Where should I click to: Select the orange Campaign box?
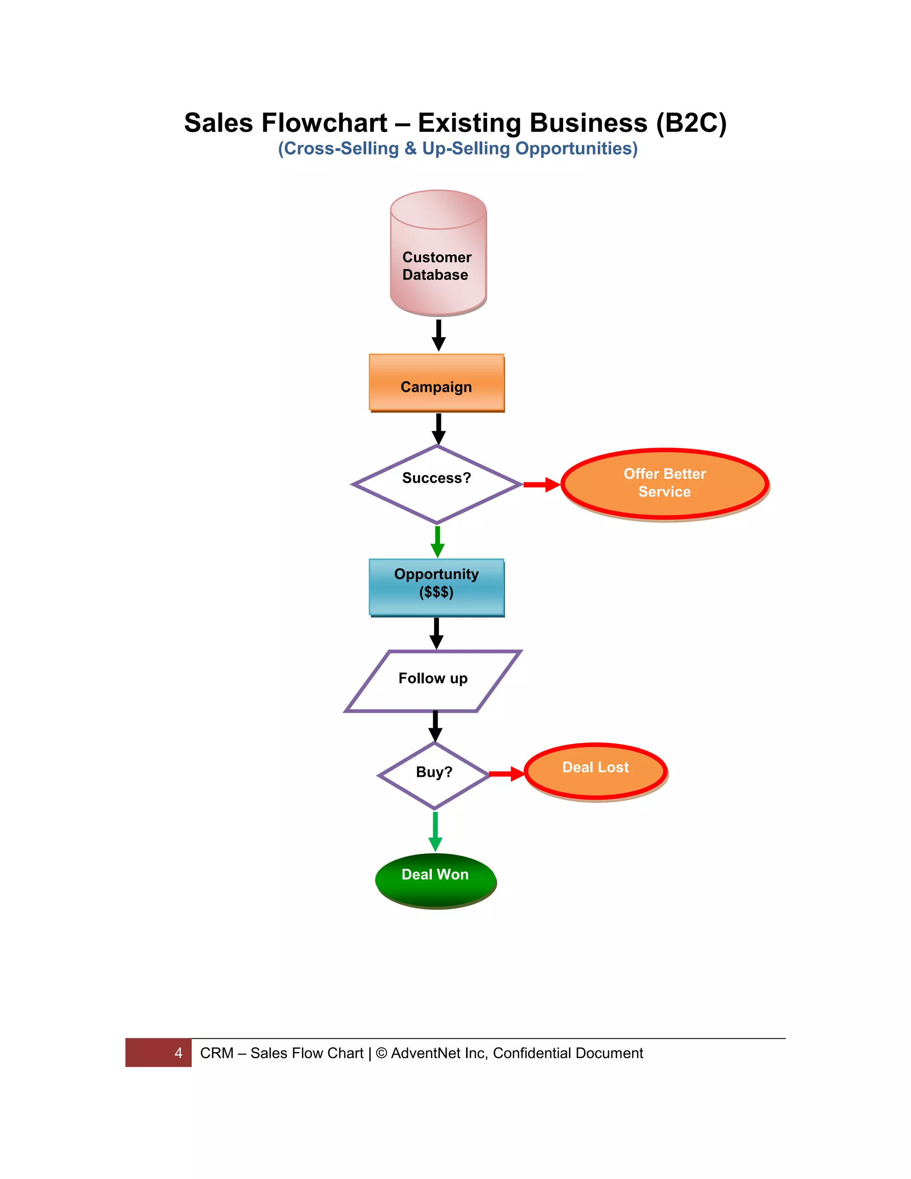click(x=436, y=383)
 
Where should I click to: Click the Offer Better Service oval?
click(x=665, y=484)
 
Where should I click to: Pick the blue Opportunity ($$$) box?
click(x=436, y=587)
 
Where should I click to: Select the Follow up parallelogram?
click(x=433, y=681)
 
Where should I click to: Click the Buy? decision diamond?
click(x=434, y=775)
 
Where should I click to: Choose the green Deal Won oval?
click(x=435, y=880)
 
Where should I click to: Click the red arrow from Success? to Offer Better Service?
click(x=541, y=485)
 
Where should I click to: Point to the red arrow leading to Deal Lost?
click(x=506, y=774)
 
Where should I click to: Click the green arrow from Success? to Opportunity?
click(x=437, y=541)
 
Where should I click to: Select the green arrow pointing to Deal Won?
click(x=435, y=832)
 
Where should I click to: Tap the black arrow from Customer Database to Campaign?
click(x=438, y=335)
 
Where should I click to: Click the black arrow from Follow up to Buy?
click(x=435, y=726)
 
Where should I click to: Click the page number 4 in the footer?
click(x=178, y=1053)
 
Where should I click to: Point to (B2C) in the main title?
click(x=691, y=123)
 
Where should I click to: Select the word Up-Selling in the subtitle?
click(x=465, y=149)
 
